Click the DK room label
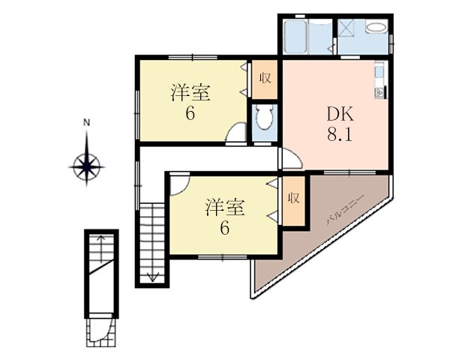[x=340, y=114]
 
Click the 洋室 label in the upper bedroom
[x=190, y=92]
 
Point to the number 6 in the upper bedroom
[x=190, y=114]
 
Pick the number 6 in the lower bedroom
[x=225, y=229]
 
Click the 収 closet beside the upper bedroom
[x=265, y=78]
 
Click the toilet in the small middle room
[x=264, y=118]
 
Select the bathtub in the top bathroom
[x=295, y=37]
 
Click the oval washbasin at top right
[x=376, y=28]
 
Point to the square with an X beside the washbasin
[x=346, y=28]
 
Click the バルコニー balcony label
[x=346, y=209]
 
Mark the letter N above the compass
[x=86, y=123]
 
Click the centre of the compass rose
[x=87, y=166]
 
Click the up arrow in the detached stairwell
[x=100, y=249]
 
